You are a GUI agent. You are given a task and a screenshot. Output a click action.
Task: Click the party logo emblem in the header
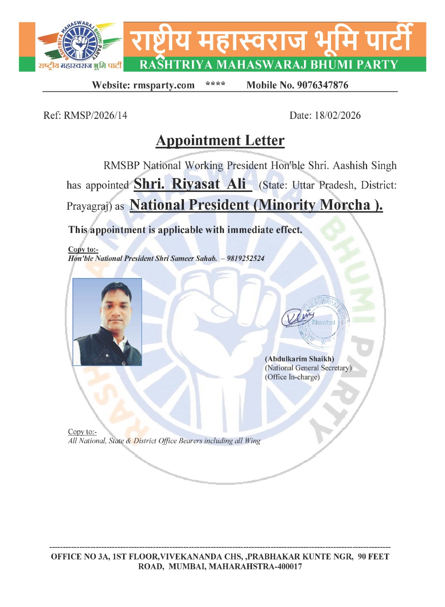click(x=80, y=42)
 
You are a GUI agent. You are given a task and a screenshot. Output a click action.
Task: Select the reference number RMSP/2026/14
click(x=95, y=115)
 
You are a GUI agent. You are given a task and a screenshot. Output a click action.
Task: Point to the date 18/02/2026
click(x=337, y=115)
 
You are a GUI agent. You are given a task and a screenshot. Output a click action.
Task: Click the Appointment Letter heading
click(x=220, y=141)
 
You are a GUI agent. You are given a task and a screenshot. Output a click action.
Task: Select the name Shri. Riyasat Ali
click(x=192, y=184)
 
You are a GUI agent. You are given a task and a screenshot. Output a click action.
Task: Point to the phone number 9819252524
click(x=245, y=259)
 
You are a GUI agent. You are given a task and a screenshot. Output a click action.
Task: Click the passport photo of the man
click(x=107, y=322)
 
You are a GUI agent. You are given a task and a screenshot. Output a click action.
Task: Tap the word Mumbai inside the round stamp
click(x=323, y=322)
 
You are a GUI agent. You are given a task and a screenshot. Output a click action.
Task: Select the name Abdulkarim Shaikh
click(x=299, y=359)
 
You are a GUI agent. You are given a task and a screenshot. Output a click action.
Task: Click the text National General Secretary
click(x=308, y=368)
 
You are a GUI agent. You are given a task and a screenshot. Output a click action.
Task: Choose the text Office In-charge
click(x=292, y=377)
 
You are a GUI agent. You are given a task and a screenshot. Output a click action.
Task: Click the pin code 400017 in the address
click(x=290, y=567)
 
